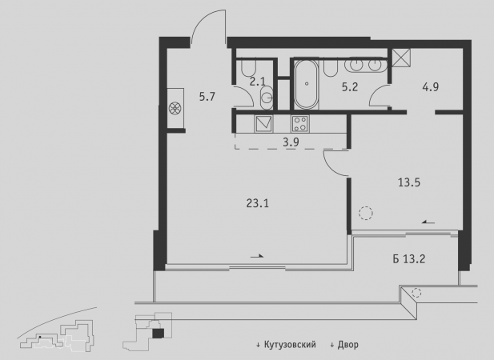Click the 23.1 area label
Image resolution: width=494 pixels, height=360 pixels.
tap(257, 204)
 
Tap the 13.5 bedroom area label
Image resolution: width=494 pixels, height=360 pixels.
tap(409, 182)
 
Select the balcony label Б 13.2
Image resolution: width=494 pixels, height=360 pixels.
tap(409, 259)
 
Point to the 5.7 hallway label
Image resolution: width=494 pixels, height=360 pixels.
tap(207, 97)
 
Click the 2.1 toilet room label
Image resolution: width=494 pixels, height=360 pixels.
tap(257, 82)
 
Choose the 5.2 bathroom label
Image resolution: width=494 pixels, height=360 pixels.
tap(350, 87)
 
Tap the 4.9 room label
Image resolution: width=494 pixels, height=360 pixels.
tap(431, 87)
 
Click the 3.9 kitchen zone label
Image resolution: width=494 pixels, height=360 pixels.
tap(291, 142)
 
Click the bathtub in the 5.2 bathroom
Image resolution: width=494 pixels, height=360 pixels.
tap(306, 84)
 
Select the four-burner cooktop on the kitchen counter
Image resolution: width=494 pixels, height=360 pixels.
tap(300, 124)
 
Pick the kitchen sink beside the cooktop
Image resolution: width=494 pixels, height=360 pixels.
tap(263, 124)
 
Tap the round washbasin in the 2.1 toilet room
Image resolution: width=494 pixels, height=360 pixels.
tap(267, 98)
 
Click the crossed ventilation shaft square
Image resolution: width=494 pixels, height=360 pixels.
tap(401, 58)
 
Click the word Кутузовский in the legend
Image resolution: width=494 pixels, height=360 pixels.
tap(290, 345)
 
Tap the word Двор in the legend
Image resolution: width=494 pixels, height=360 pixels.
tap(347, 345)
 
